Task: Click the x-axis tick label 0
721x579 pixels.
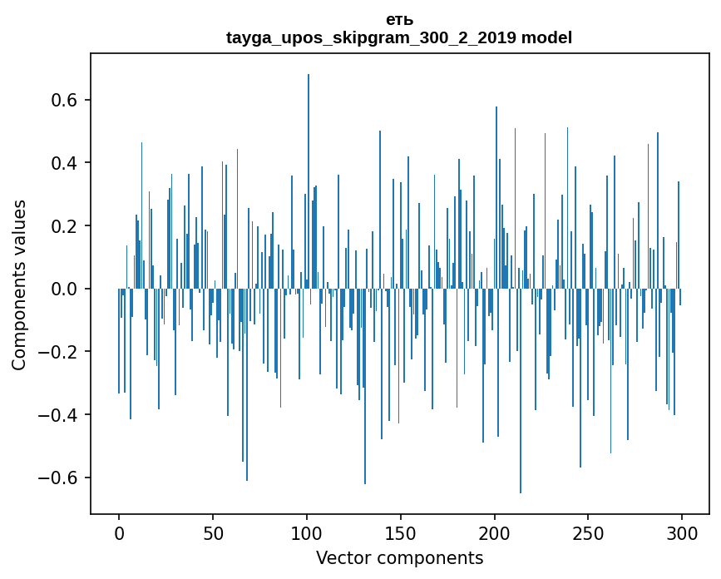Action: [x=119, y=533]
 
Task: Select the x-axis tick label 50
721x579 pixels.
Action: [x=213, y=533]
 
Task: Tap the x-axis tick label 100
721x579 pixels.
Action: [x=307, y=533]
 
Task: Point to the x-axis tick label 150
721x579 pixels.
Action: [x=401, y=533]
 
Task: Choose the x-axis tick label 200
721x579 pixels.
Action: [x=495, y=533]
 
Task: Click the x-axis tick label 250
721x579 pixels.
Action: [x=589, y=533]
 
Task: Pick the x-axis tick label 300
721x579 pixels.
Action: [x=682, y=533]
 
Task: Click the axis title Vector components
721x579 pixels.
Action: [x=399, y=557]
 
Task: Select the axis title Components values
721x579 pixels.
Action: [x=19, y=285]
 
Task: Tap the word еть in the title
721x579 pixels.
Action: [x=399, y=20]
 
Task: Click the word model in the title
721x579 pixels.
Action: [x=546, y=37]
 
